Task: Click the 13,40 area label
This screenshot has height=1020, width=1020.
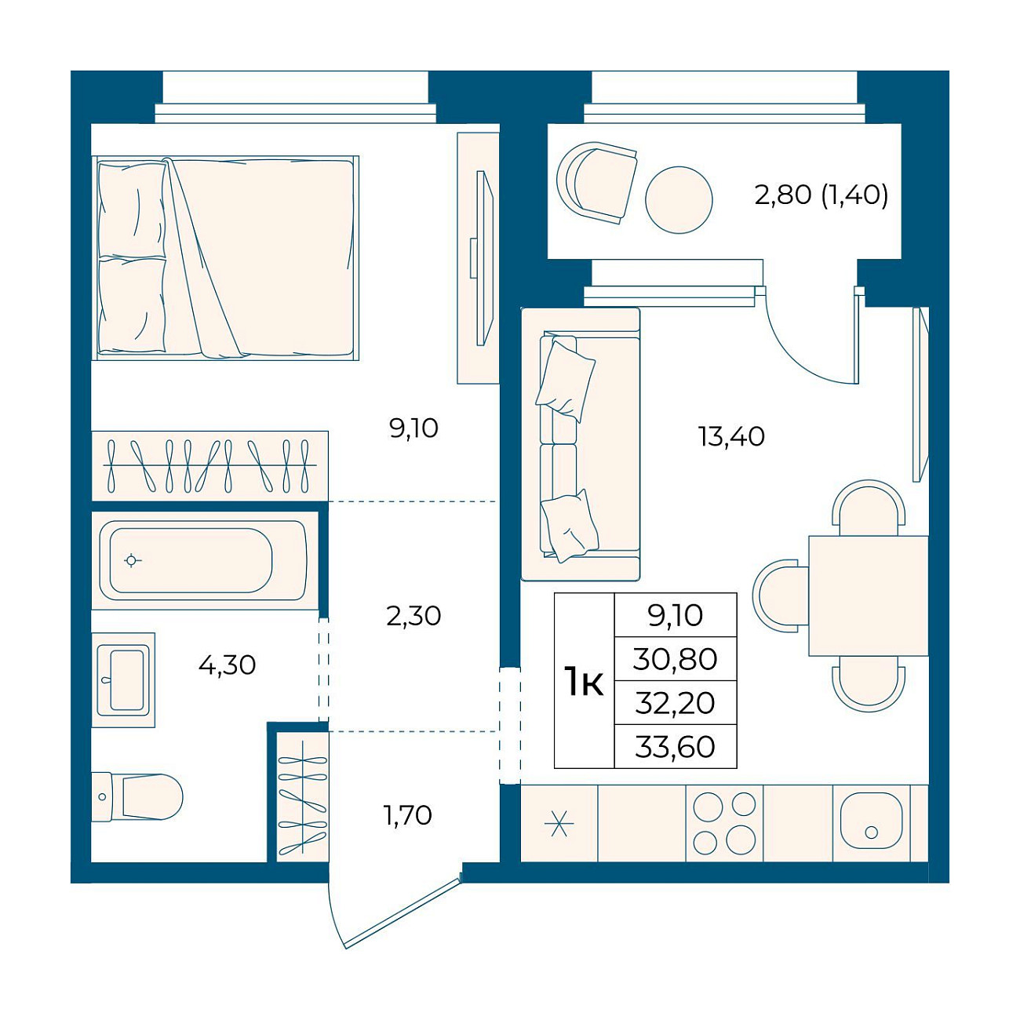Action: pos(731,437)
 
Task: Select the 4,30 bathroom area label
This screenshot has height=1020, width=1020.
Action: pos(227,665)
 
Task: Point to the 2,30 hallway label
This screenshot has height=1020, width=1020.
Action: pos(413,616)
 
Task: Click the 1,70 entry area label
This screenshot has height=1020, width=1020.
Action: pos(407,815)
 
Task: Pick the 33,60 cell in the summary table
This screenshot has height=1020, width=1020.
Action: pos(676,747)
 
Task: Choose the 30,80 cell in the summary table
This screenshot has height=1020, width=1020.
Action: pos(676,660)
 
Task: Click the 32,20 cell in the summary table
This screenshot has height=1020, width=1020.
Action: pos(676,703)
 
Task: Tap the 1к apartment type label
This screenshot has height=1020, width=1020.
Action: pos(584,682)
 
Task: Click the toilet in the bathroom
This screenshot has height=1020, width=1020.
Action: pos(137,796)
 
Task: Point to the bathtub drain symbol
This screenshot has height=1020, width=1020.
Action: pos(131,560)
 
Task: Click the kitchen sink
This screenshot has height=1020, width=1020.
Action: pos(871,823)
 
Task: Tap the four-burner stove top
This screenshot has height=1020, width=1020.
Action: pos(724,823)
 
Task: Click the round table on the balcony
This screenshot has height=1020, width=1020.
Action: pos(679,200)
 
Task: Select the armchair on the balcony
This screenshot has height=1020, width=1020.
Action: pos(597,183)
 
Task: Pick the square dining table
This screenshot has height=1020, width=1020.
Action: pos(869,596)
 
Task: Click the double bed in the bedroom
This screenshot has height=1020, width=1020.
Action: pos(225,258)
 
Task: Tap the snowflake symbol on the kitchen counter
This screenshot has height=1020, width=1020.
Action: pos(559,824)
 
